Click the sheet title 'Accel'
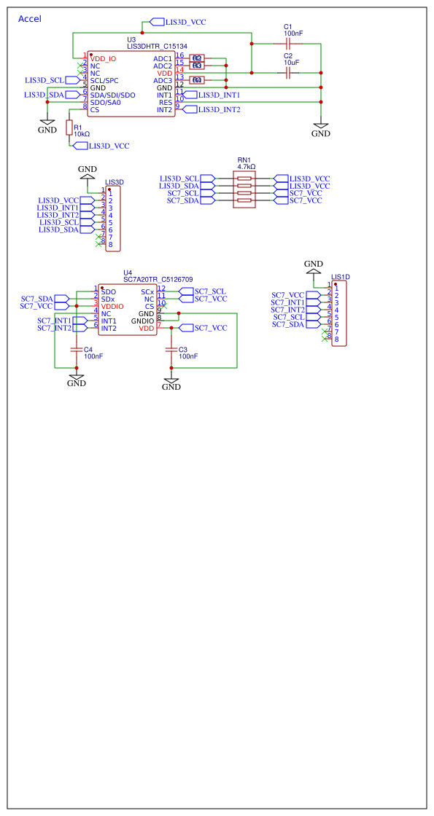click(29, 19)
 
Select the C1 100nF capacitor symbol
click(288, 44)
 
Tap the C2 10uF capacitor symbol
click(288, 73)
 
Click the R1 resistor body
click(69, 128)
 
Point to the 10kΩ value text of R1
click(82, 135)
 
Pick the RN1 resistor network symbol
click(244, 189)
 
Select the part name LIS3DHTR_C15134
click(158, 46)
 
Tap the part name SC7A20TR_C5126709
click(158, 279)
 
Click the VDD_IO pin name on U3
click(104, 58)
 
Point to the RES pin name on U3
click(166, 102)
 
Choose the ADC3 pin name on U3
click(163, 80)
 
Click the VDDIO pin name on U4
click(113, 306)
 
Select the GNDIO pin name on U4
click(143, 321)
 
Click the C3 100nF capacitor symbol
click(171, 350)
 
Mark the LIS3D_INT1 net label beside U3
click(219, 95)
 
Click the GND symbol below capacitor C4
click(77, 380)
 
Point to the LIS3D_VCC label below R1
click(109, 146)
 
